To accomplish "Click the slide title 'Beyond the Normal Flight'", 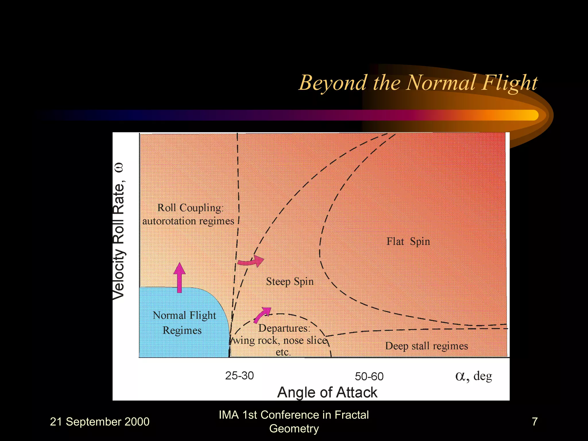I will click(x=418, y=83).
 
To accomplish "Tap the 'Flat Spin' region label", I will click(x=408, y=241).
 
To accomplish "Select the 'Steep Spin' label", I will click(x=290, y=281).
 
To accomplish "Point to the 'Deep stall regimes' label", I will click(x=426, y=346).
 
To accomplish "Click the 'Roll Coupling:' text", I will click(x=190, y=208).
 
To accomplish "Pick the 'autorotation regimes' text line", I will click(x=188, y=221).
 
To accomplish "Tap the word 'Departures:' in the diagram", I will click(x=284, y=328).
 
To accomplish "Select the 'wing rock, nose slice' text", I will click(x=280, y=341).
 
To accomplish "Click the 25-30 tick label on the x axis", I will click(x=239, y=376).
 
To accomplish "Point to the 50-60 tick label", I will click(x=369, y=376).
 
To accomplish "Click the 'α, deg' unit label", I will click(x=474, y=376).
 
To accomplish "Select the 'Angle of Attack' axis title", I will click(x=327, y=392).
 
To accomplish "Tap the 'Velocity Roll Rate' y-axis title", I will click(x=119, y=231).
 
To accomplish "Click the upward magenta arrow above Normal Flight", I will click(x=179, y=277).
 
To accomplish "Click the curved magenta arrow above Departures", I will click(x=262, y=315).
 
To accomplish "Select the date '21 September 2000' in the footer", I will click(x=100, y=422).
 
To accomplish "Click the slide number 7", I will click(x=535, y=421).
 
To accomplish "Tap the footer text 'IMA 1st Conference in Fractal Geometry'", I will click(x=294, y=421).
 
